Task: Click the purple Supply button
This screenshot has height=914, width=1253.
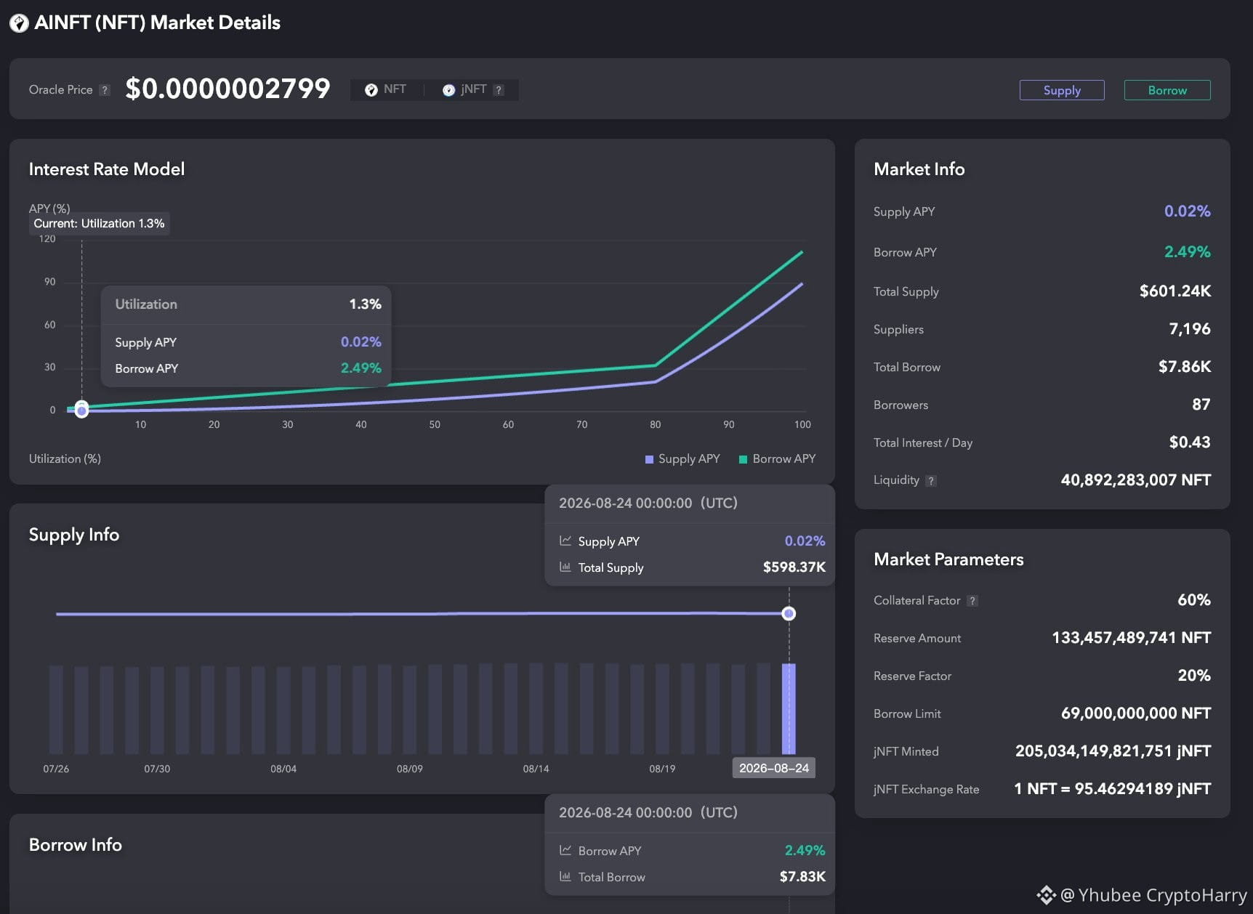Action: point(1061,90)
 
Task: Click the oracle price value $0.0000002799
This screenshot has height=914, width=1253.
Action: point(227,89)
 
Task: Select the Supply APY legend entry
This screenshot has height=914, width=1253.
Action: point(682,458)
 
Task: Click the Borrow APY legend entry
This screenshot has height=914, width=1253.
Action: point(777,458)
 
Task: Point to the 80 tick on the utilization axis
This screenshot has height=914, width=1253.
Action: point(655,424)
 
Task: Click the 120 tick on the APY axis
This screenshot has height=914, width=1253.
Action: point(47,239)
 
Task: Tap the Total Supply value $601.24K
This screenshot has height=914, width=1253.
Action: point(1175,291)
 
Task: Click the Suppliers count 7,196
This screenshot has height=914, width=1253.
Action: point(1189,329)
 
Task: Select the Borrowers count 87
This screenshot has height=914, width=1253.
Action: point(1201,405)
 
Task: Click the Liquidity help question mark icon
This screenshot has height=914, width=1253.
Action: point(931,480)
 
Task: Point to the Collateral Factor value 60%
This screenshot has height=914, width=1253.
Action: point(1193,600)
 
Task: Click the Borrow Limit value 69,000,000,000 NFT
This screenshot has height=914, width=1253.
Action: point(1135,713)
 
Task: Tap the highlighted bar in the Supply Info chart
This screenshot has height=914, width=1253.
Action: point(789,708)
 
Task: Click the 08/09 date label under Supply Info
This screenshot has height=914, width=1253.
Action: point(409,769)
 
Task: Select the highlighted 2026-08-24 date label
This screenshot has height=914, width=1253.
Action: point(773,768)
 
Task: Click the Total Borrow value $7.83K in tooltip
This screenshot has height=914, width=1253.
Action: point(802,877)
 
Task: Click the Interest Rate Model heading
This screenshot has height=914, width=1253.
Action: point(107,169)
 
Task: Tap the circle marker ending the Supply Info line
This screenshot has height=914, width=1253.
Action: point(789,614)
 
